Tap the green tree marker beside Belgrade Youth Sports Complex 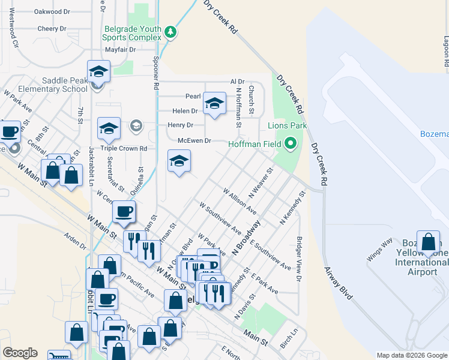(170, 32)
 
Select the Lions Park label (287, 126)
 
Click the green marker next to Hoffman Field (291, 143)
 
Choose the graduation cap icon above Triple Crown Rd (109, 128)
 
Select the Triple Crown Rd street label (124, 148)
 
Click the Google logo (20, 353)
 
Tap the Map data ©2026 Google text (411, 355)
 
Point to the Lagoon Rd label (446, 51)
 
